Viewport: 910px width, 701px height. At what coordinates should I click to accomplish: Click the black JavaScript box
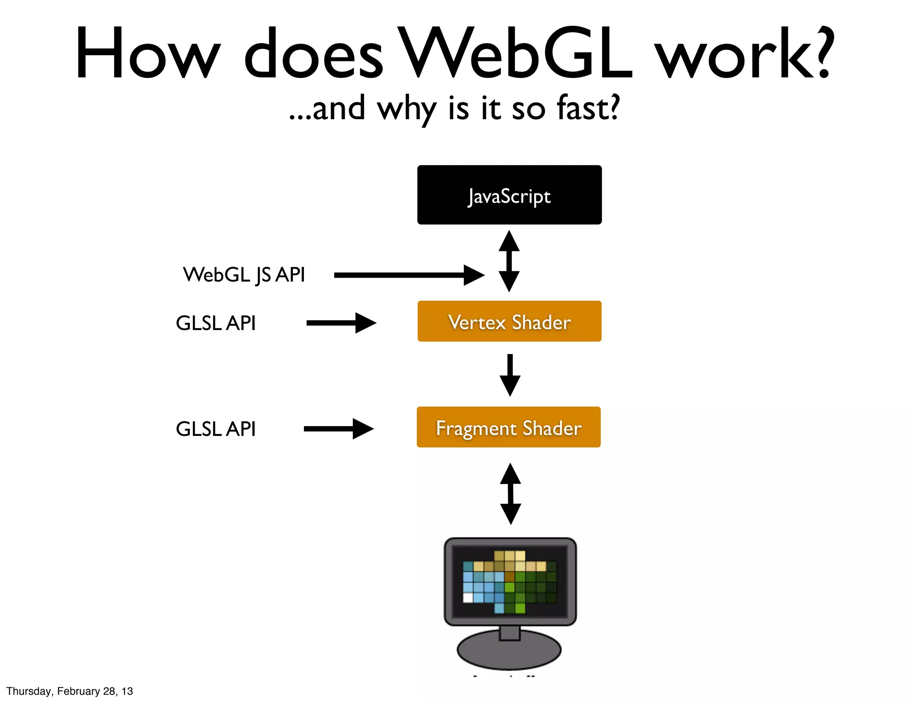click(x=509, y=195)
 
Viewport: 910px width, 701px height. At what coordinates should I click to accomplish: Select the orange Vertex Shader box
click(x=509, y=321)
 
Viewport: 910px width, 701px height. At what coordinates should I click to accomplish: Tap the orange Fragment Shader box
click(x=508, y=427)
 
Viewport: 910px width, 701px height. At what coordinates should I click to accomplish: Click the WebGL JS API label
click(x=244, y=274)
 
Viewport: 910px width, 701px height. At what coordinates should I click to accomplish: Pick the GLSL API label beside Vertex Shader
click(x=216, y=323)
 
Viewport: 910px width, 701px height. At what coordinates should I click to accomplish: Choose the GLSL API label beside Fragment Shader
click(x=216, y=429)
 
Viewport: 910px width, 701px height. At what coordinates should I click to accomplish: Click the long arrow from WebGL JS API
click(x=409, y=275)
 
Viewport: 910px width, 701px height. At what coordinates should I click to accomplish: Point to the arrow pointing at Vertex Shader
click(x=341, y=323)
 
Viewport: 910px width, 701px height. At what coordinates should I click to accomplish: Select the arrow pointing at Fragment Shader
click(x=339, y=429)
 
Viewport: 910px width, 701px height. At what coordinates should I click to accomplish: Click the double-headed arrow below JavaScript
click(x=509, y=261)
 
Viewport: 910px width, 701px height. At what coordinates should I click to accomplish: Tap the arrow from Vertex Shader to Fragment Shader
click(x=510, y=375)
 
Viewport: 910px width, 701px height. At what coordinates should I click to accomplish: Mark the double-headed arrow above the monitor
click(x=511, y=494)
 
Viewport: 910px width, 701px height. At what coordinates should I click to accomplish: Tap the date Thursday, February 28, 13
click(x=70, y=691)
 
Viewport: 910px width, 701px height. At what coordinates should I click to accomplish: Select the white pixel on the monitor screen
click(x=468, y=597)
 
